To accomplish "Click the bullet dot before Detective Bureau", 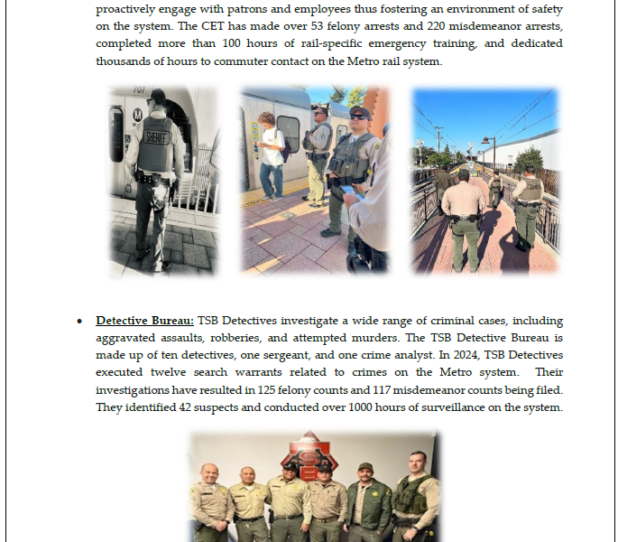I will click(x=80, y=322).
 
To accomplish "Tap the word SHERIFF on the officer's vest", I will click(x=158, y=137).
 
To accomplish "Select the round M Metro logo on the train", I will click(x=136, y=116).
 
